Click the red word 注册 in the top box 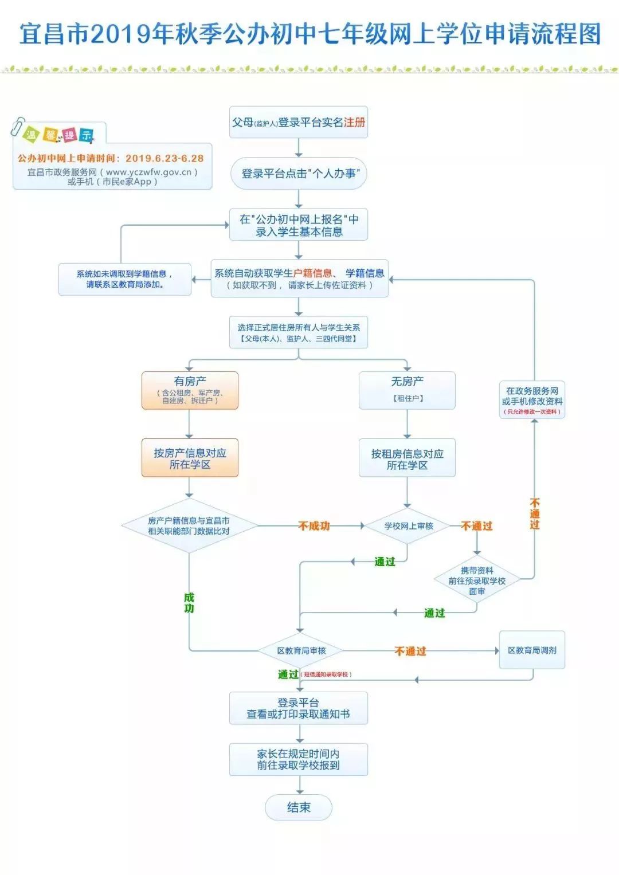click(x=354, y=122)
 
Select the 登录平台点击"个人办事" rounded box click(x=299, y=174)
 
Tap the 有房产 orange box click(x=190, y=390)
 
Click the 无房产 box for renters click(x=407, y=390)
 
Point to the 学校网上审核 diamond click(x=408, y=526)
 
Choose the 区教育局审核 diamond click(x=301, y=651)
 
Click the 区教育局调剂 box click(x=532, y=650)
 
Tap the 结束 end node click(x=299, y=807)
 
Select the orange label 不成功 click(x=314, y=526)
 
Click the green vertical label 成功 click(x=189, y=603)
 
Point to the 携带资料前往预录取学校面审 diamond click(x=477, y=580)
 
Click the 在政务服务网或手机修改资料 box click(x=532, y=399)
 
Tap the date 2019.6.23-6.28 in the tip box click(x=164, y=158)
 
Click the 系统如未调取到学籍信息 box click(x=125, y=279)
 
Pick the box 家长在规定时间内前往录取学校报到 click(x=299, y=760)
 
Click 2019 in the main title click(x=117, y=34)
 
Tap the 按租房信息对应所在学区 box click(x=407, y=458)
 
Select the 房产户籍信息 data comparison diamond click(x=189, y=526)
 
